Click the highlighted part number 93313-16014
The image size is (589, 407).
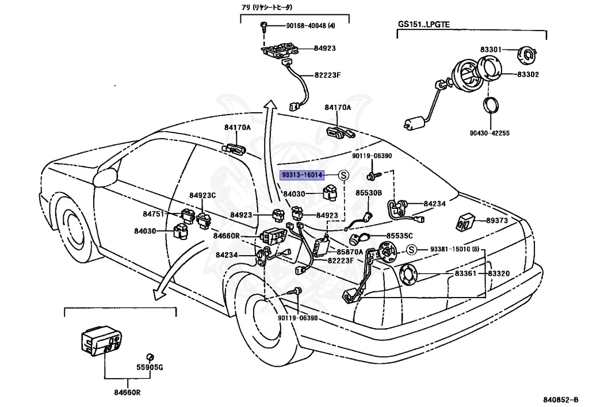point(302,175)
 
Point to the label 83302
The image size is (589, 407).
point(527,74)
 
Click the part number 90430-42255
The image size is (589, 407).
point(490,134)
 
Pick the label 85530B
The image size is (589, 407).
point(368,193)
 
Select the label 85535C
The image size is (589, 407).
point(400,236)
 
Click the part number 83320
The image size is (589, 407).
point(499,273)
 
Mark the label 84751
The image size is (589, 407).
point(154,214)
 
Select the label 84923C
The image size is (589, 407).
point(202,195)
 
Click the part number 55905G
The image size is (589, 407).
point(150,367)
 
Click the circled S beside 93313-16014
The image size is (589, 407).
point(343,175)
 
